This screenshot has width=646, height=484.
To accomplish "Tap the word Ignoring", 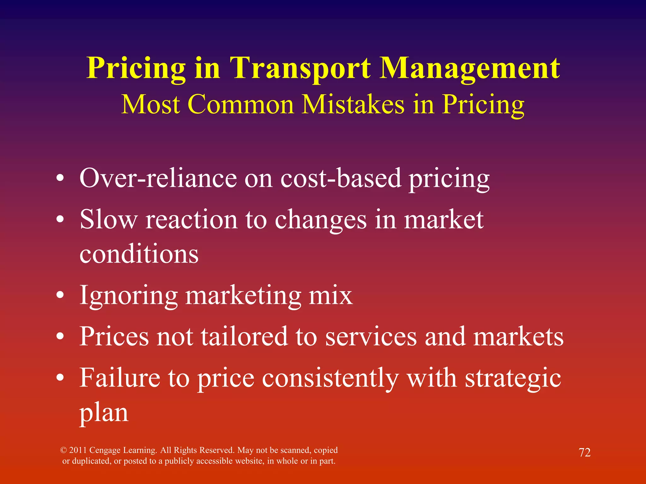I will (x=128, y=296).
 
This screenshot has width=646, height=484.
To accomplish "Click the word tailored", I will (x=244, y=337).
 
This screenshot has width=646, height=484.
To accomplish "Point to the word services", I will (x=371, y=337).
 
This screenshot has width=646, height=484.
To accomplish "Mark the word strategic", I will (x=513, y=378).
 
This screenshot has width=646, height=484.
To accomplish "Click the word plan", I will (x=104, y=413).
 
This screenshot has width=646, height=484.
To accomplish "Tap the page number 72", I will (x=584, y=452).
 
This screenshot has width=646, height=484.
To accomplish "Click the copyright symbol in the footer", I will (x=63, y=450).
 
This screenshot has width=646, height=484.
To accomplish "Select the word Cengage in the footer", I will (x=105, y=450).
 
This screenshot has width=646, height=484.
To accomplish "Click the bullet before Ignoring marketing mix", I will (x=60, y=296).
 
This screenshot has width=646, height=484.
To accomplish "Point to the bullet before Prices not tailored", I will (x=60, y=337).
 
